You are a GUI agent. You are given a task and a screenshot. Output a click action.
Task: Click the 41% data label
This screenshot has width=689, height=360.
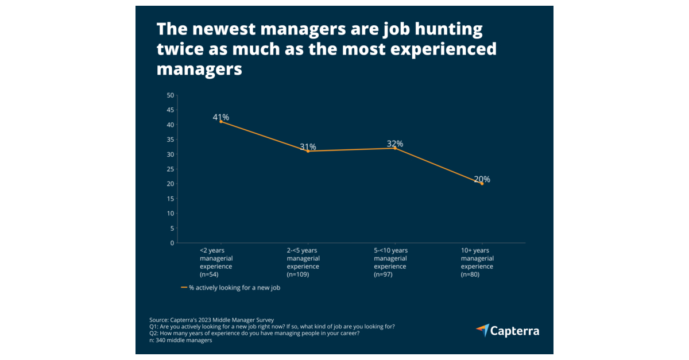point(221,117)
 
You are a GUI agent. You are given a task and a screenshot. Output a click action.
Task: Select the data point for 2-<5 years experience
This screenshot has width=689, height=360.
point(308,151)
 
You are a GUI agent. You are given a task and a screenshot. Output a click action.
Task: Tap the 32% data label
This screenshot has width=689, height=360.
point(395,144)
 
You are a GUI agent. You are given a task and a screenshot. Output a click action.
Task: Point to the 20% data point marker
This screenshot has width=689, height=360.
point(482,184)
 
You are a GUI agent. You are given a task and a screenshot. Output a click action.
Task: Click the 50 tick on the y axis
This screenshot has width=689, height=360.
point(170,95)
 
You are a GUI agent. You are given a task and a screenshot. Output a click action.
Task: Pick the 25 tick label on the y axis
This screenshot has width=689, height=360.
point(170,169)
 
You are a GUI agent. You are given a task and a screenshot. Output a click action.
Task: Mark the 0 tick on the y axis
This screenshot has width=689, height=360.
point(172,243)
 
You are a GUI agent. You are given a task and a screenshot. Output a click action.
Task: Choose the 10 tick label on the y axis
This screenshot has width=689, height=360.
point(170,213)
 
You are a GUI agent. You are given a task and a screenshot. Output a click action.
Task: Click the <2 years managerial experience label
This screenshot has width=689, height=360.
point(216,262)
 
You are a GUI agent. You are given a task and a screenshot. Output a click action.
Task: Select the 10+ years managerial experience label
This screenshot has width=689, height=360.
point(477,262)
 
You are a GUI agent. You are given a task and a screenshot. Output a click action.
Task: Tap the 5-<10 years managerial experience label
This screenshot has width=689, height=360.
point(390,262)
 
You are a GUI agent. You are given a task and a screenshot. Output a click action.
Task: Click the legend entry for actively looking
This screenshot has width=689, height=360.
point(231,288)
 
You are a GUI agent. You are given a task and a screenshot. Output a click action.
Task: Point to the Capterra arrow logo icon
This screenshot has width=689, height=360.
point(482,330)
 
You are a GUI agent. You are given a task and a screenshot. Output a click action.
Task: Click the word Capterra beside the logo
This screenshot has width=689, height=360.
point(516,331)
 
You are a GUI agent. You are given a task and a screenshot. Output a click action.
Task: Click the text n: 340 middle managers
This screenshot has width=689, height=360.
point(180,340)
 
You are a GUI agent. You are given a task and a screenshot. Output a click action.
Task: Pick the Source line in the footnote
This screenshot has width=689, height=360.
point(211,320)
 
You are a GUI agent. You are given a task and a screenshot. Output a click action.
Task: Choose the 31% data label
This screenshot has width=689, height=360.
point(308,147)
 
